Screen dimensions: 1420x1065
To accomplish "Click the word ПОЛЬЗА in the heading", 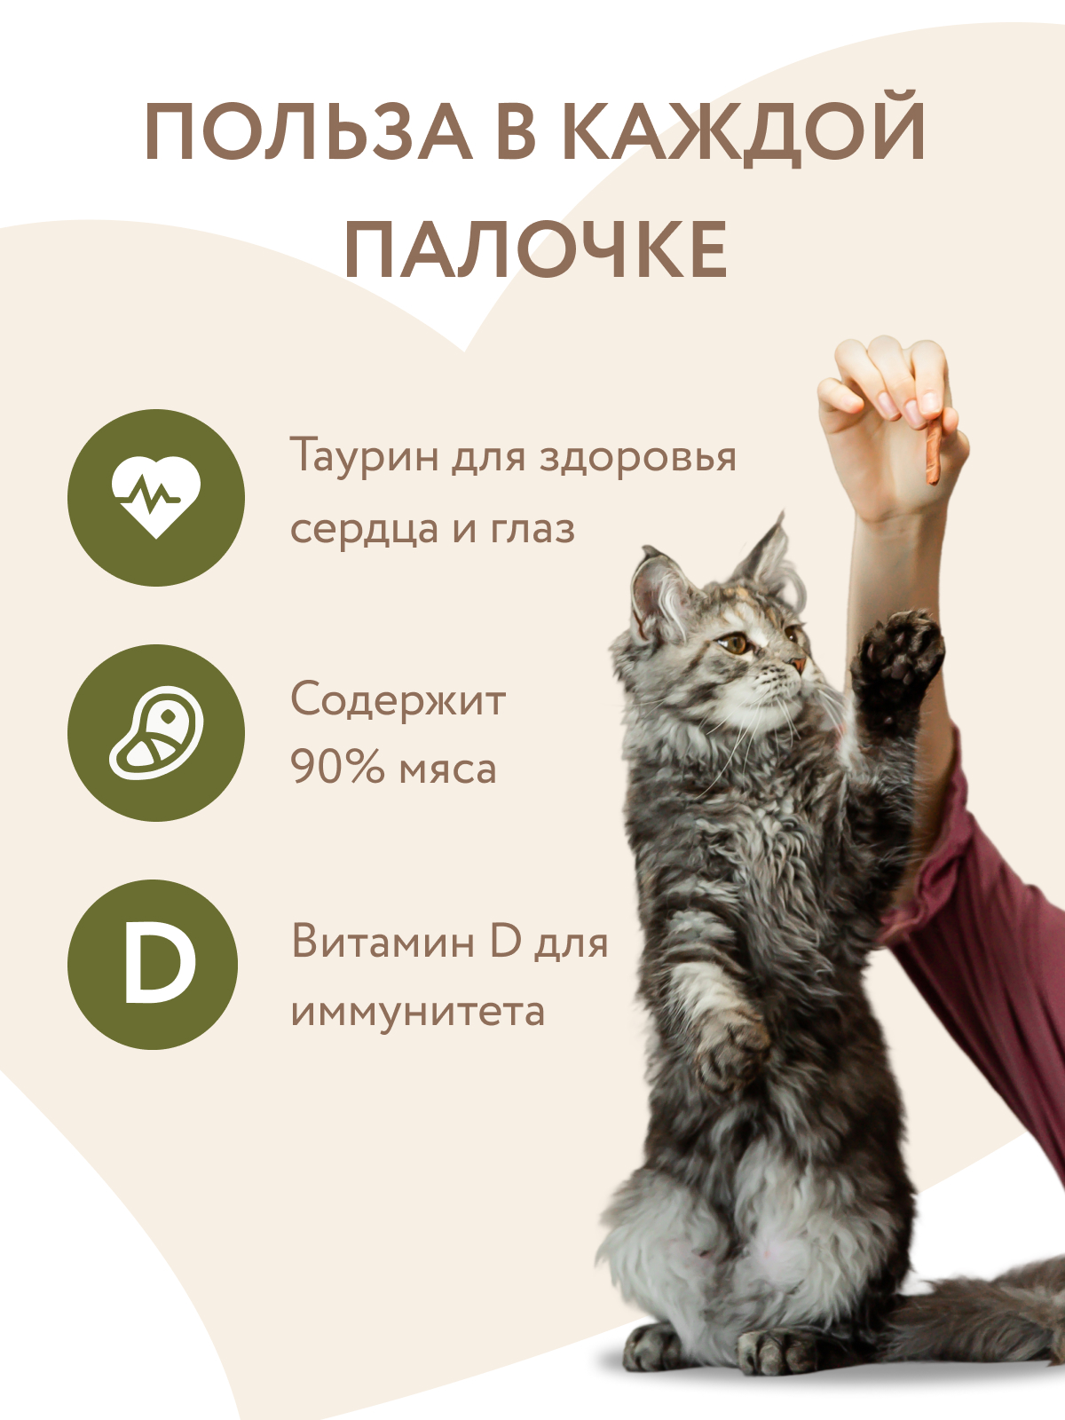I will click(x=307, y=132).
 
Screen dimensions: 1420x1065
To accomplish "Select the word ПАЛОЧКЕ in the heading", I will click(x=536, y=249).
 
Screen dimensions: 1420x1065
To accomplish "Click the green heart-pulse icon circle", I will click(x=156, y=497).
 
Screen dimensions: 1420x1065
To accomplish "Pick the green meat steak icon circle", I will click(x=156, y=732).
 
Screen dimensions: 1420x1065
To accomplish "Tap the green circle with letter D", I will click(x=153, y=965).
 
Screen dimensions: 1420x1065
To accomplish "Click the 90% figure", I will click(x=336, y=769).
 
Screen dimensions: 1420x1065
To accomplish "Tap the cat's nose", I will click(x=799, y=662).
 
